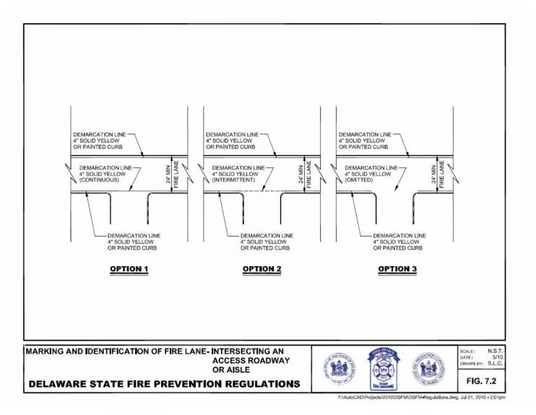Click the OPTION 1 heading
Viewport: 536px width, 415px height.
pyautogui.click(x=129, y=269)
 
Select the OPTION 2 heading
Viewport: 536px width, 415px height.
pyautogui.click(x=262, y=269)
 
